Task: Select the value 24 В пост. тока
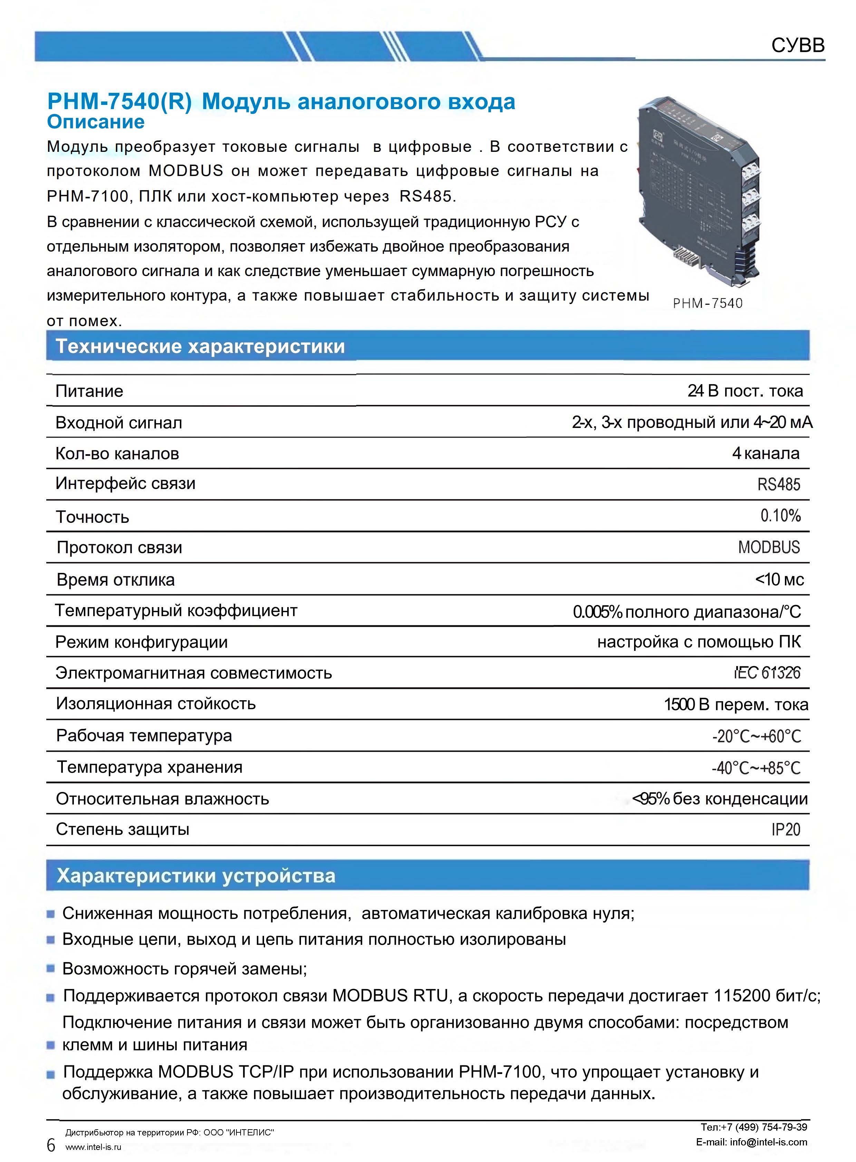point(745,391)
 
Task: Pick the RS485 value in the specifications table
point(778,485)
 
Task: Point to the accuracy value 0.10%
point(780,516)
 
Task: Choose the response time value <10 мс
point(779,579)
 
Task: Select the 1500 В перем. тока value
point(736,705)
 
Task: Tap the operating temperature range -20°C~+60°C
point(757,736)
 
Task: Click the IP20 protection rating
point(786,830)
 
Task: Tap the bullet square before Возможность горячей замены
point(51,968)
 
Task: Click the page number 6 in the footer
point(51,1144)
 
